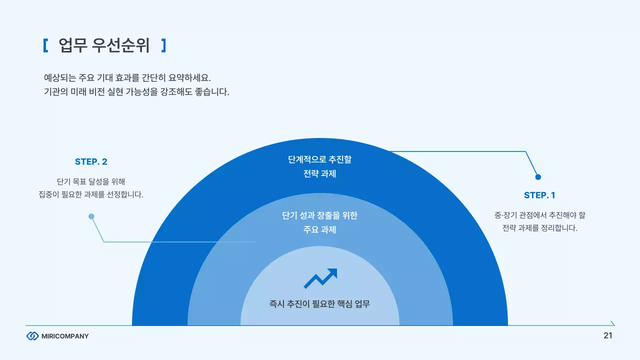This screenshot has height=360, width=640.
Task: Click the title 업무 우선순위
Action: tap(104, 45)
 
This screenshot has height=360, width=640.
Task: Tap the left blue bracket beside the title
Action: tap(45, 45)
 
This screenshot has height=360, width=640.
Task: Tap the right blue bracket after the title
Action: tap(163, 45)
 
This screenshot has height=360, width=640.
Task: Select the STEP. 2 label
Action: tap(91, 161)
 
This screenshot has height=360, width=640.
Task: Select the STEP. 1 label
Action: tap(539, 195)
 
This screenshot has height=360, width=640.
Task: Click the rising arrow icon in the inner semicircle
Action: tap(320, 278)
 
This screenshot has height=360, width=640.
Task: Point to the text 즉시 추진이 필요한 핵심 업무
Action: tap(320, 303)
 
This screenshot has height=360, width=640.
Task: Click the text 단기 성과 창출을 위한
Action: tap(320, 215)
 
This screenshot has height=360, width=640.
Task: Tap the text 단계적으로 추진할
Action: tap(320, 159)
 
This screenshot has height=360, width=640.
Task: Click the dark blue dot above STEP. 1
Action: tap(538, 176)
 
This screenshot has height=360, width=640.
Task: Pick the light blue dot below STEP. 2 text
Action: tap(91, 216)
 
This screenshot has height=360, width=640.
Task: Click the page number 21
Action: tap(608, 335)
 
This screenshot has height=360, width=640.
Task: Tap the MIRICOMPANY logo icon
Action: tap(32, 336)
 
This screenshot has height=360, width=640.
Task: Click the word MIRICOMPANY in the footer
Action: tap(65, 336)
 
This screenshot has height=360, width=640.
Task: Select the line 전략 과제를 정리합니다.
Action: tap(540, 228)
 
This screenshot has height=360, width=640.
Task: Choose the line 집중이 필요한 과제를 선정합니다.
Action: tap(91, 194)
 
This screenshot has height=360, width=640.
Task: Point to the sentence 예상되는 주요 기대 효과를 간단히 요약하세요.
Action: tap(128, 78)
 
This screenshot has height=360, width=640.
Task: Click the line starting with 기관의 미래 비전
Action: tap(136, 92)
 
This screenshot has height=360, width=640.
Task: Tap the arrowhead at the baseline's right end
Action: tap(612, 324)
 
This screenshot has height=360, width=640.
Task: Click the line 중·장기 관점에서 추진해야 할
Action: tap(540, 215)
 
